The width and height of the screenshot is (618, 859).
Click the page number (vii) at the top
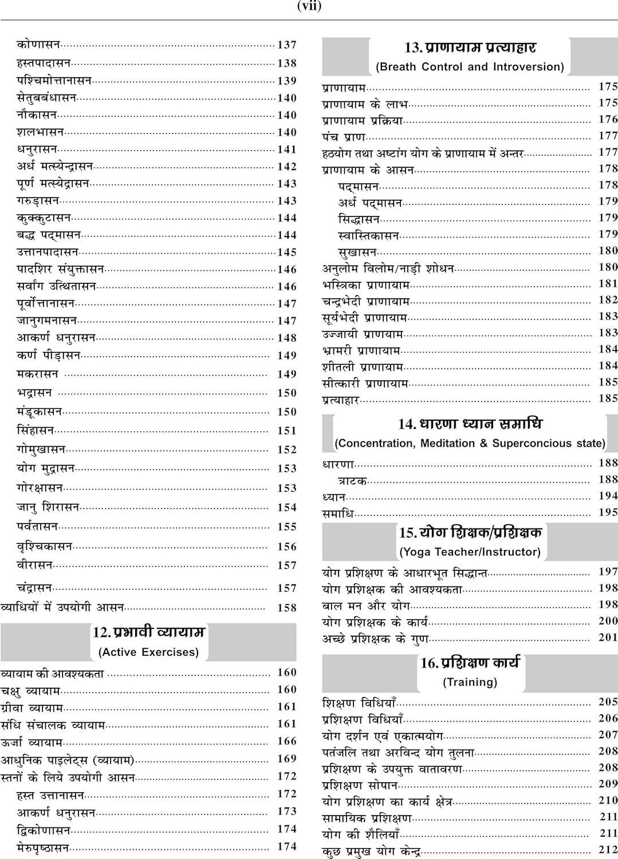pos(309,6)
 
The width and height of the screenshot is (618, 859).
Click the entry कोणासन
pos(38,44)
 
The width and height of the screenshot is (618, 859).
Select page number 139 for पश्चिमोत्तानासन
pos(287,81)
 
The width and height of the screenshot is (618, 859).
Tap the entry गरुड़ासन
pos(38,201)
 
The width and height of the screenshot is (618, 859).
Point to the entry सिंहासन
pos(36,431)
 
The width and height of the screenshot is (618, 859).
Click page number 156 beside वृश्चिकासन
pos(287,546)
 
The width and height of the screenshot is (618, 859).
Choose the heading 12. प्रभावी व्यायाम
pos(149,632)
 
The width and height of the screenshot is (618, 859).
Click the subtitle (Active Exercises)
pos(149,652)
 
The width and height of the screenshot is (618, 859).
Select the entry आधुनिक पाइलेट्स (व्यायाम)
pos(68,761)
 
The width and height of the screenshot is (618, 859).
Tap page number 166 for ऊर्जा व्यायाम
pos(287,741)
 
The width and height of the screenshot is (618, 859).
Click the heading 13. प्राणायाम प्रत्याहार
pos(470,48)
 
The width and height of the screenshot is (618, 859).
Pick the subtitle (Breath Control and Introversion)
pos(470,67)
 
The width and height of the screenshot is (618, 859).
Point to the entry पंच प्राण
pos(344,137)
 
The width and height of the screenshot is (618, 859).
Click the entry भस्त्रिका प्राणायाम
pos(366,285)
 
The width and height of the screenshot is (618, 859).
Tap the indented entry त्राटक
pos(352,481)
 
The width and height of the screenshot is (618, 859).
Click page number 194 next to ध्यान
pos(608,496)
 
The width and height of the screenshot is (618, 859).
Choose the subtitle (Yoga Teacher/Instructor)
pos(470,552)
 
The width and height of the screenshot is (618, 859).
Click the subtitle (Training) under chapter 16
pos(470,682)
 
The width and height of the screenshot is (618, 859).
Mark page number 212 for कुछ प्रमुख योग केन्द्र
pos(608,850)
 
